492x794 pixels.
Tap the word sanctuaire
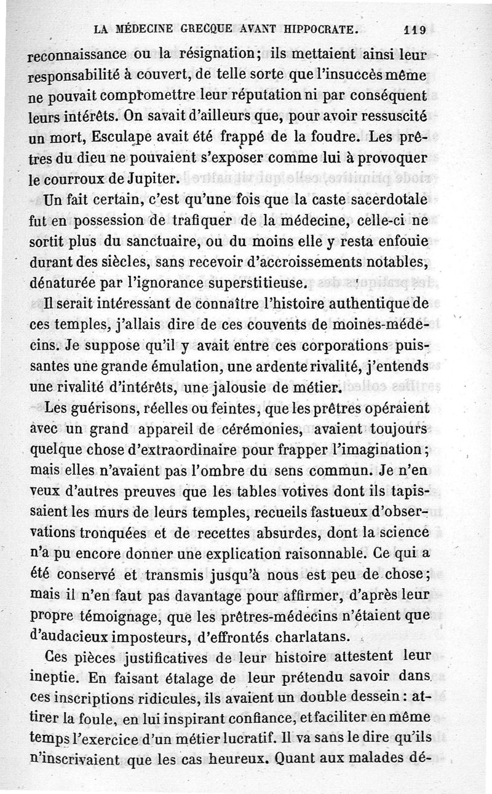(x=172, y=242)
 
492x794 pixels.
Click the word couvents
(x=278, y=326)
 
